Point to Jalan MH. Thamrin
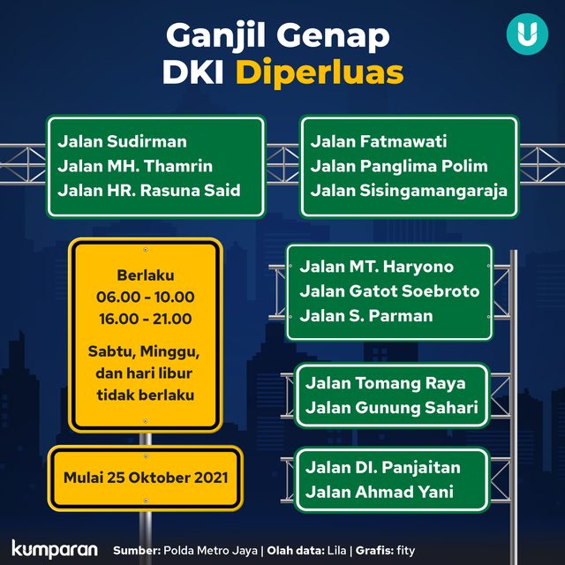[136, 166]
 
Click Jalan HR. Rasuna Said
[149, 191]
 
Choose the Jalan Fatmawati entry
[379, 141]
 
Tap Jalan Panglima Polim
[399, 166]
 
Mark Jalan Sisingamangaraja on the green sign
[409, 191]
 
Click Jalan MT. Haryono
[377, 267]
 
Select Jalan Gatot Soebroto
[389, 291]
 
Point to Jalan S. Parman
[366, 316]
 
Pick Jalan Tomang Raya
[385, 383]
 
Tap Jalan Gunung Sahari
[392, 408]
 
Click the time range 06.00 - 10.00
[146, 298]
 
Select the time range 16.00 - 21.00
[146, 319]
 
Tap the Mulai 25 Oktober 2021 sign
[146, 478]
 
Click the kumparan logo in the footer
[55, 548]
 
